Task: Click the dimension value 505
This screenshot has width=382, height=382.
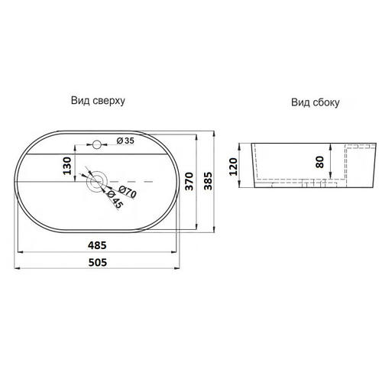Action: pyautogui.click(x=98, y=262)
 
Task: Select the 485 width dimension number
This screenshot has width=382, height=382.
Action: pyautogui.click(x=97, y=245)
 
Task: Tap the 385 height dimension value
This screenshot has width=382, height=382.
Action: pyautogui.click(x=208, y=181)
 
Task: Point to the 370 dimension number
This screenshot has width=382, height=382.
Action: pyautogui.click(x=189, y=181)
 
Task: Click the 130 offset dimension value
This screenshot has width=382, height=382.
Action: pyautogui.click(x=67, y=166)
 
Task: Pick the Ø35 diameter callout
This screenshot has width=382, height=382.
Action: pyautogui.click(x=125, y=141)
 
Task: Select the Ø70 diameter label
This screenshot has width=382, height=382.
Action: pyautogui.click(x=128, y=192)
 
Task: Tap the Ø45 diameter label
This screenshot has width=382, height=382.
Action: pyautogui.click(x=115, y=199)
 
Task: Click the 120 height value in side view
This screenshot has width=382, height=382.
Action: pyautogui.click(x=233, y=167)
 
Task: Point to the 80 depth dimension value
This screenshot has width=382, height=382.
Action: pyautogui.click(x=319, y=162)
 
